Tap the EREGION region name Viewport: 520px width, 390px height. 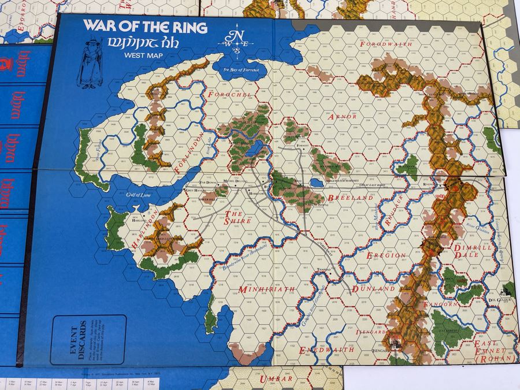[x=387, y=254]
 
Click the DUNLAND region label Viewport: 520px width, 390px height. [x=376, y=288]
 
